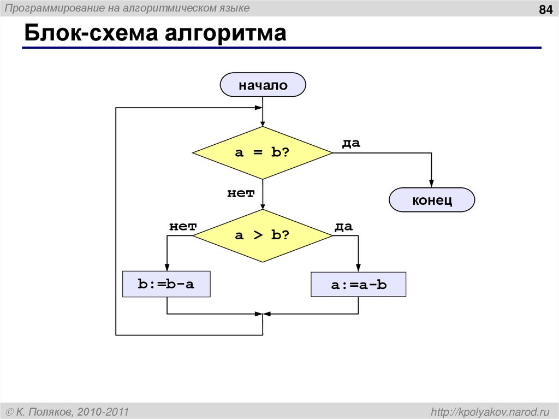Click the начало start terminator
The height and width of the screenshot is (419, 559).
click(263, 85)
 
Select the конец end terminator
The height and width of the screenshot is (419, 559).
click(432, 200)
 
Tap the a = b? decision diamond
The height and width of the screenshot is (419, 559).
click(263, 153)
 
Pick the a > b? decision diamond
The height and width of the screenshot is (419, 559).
click(263, 235)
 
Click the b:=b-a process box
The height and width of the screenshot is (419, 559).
click(166, 284)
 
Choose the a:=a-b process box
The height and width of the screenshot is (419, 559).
click(358, 285)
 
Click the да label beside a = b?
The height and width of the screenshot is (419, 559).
click(351, 143)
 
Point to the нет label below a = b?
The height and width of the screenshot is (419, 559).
click(241, 193)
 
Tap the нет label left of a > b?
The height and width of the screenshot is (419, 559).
click(182, 226)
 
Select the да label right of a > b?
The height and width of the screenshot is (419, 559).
click(343, 226)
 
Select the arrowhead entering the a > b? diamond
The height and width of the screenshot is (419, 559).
click(263, 206)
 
